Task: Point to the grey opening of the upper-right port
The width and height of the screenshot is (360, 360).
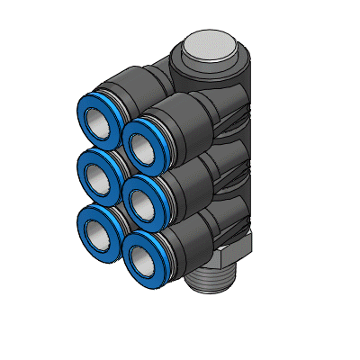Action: [147, 140]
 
